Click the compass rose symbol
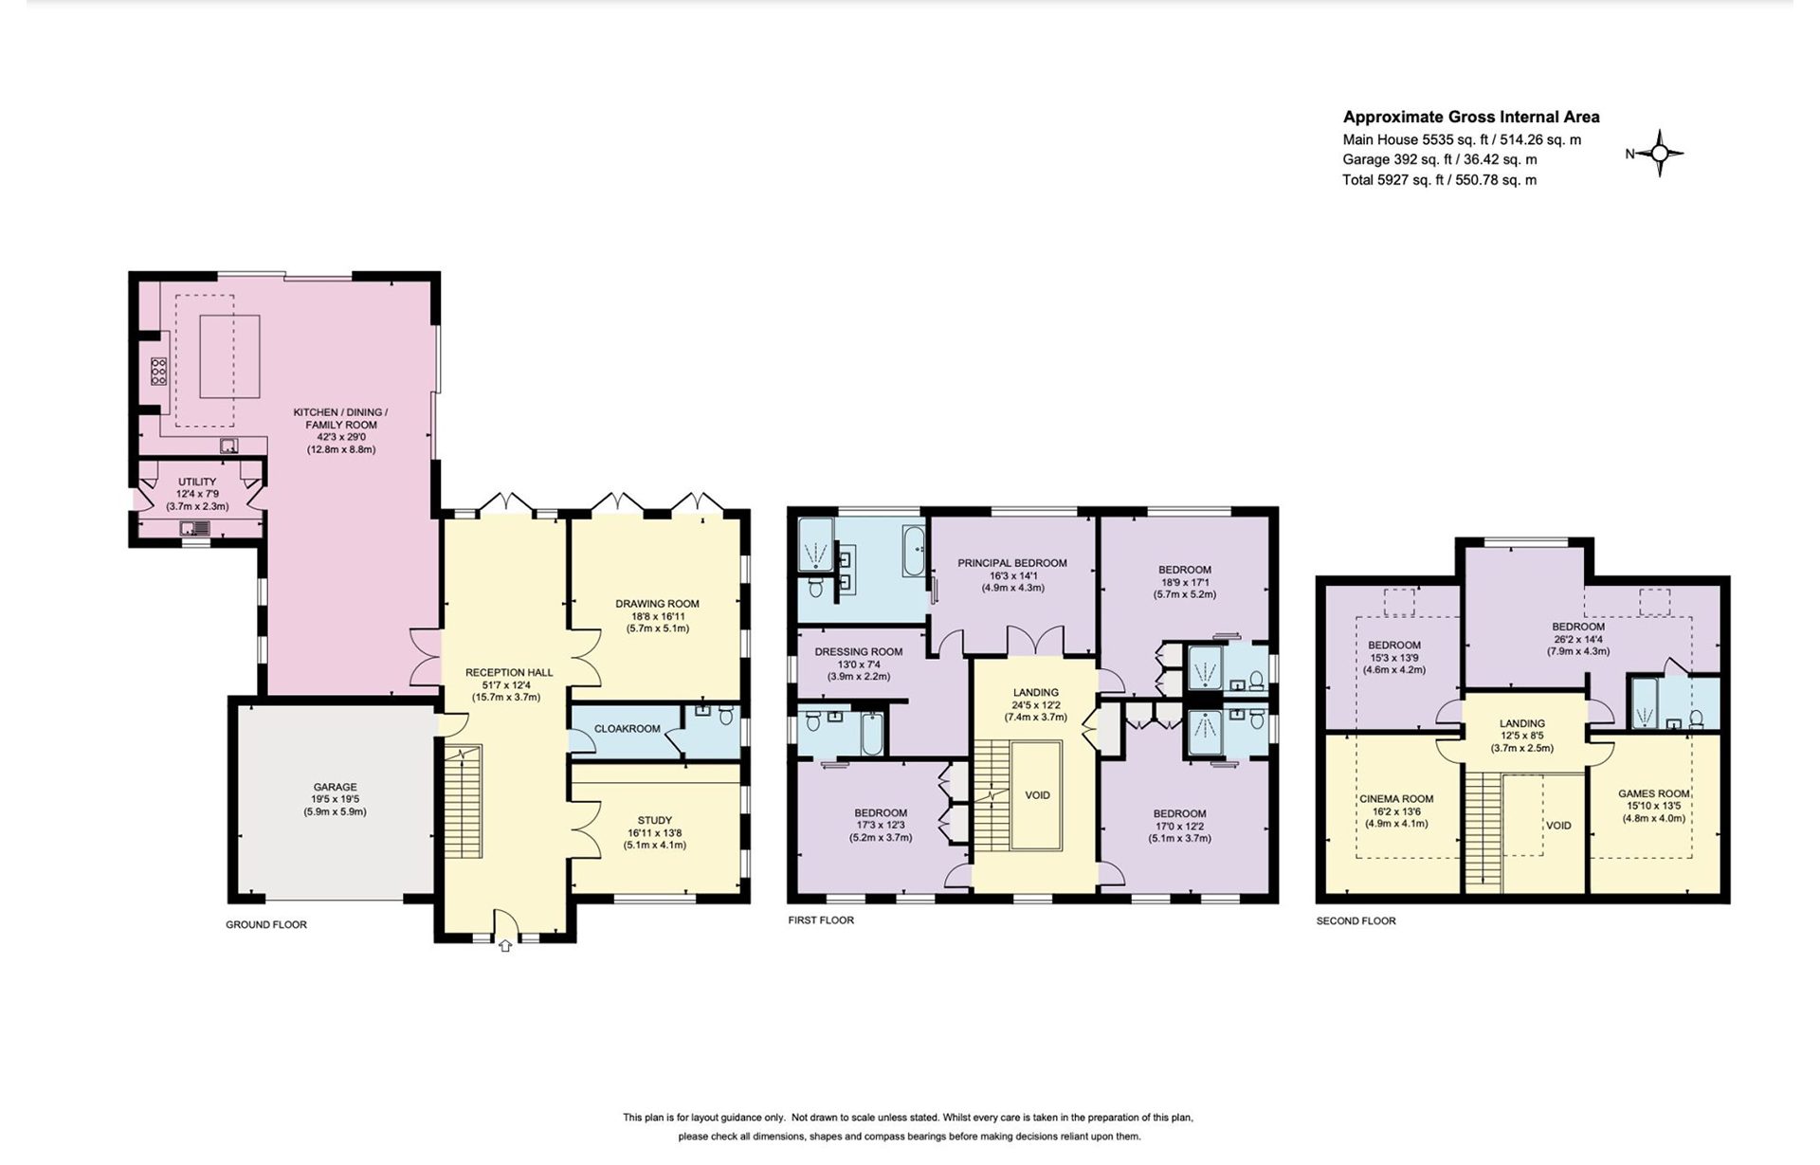pyautogui.click(x=1660, y=154)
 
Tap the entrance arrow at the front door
pyautogui.click(x=505, y=945)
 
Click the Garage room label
pyautogui.click(x=336, y=787)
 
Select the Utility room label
pyautogui.click(x=197, y=482)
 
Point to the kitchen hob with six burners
pyautogui.click(x=158, y=371)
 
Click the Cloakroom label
pyautogui.click(x=627, y=729)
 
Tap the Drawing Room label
pyautogui.click(x=657, y=604)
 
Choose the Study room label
pyautogui.click(x=655, y=821)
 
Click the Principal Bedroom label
pyautogui.click(x=1012, y=563)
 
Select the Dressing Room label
pyautogui.click(x=858, y=652)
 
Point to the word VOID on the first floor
pyautogui.click(x=1037, y=795)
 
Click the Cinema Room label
pyautogui.click(x=1396, y=799)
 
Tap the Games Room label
pyautogui.click(x=1654, y=794)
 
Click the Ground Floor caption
pyautogui.click(x=266, y=924)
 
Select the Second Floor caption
pyautogui.click(x=1356, y=920)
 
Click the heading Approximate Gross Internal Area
pyautogui.click(x=1471, y=118)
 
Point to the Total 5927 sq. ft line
pyautogui.click(x=1440, y=180)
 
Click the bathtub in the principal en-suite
pyautogui.click(x=913, y=551)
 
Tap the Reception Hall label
pyautogui.click(x=509, y=673)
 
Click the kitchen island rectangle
pyautogui.click(x=230, y=356)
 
